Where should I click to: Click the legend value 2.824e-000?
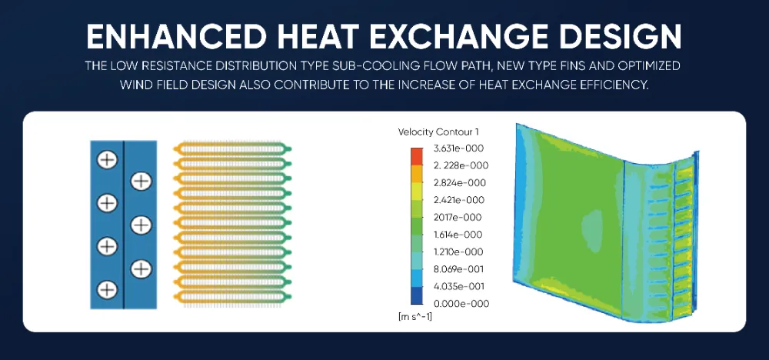click(x=461, y=183)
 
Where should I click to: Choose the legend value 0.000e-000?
click(x=461, y=304)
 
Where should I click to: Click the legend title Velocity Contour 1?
click(x=438, y=132)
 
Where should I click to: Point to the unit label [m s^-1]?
click(x=415, y=317)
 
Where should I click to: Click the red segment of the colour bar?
click(x=416, y=157)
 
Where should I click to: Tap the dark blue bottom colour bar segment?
click(x=416, y=295)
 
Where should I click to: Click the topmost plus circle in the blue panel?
click(x=107, y=159)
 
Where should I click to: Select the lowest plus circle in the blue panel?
click(x=107, y=289)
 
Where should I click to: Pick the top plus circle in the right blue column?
click(x=141, y=181)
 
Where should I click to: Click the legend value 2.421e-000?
click(x=460, y=200)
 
